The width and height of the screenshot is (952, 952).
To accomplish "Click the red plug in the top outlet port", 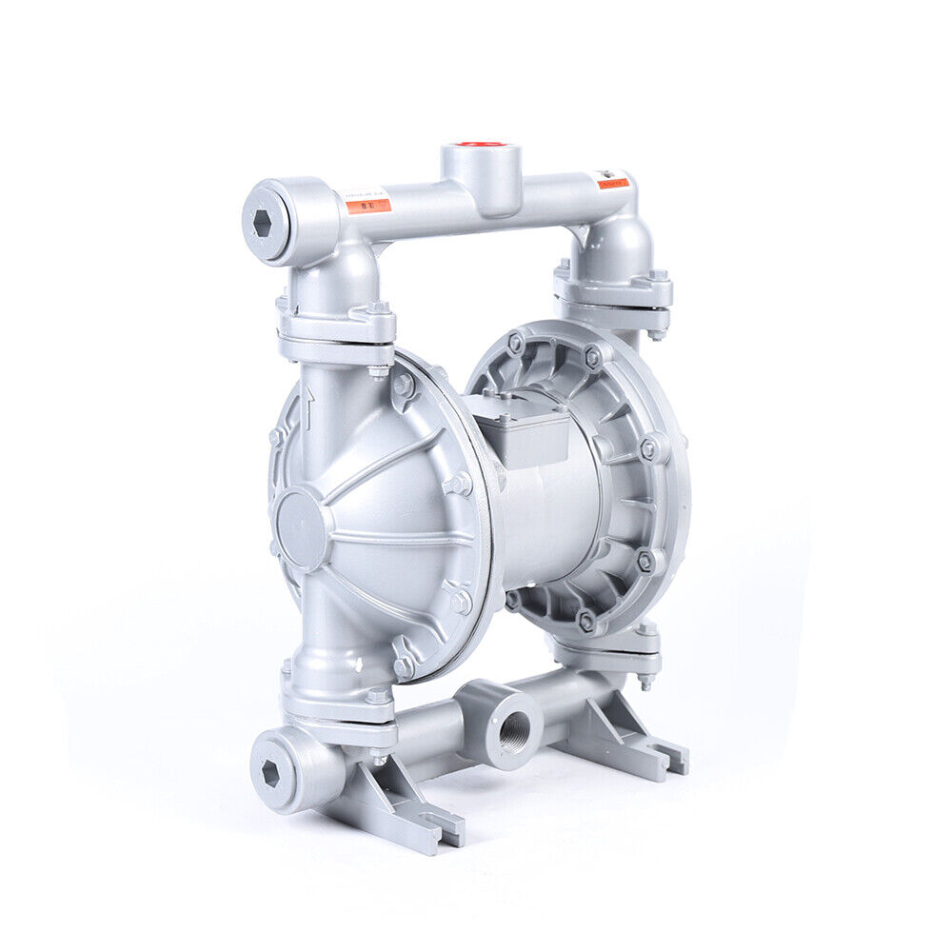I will coord(481,144).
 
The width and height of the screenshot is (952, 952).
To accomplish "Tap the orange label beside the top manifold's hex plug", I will coord(367,202).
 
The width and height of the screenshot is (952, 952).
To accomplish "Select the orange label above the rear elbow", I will coord(612,180).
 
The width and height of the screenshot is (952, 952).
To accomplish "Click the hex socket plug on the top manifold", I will coord(263,223).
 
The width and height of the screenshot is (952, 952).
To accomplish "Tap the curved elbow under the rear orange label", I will coord(624,238).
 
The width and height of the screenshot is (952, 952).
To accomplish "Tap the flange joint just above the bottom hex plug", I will coord(338,714).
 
